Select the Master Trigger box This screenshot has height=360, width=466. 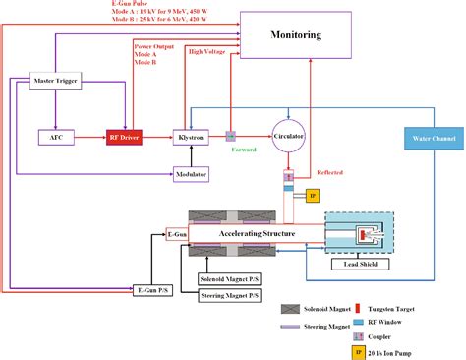tap(55, 80)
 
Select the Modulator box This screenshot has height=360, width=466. tap(190, 174)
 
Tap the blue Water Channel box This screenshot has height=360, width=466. tap(433, 139)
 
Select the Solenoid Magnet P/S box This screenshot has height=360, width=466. tap(230, 277)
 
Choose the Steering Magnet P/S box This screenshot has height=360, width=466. tap(230, 295)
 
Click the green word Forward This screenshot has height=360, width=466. tap(245, 150)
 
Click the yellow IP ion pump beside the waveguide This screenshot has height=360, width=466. tap(313, 196)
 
